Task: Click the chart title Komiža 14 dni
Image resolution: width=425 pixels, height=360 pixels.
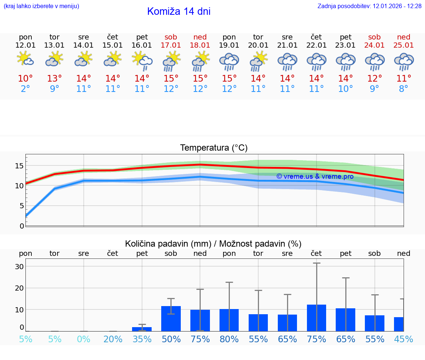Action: (179, 11)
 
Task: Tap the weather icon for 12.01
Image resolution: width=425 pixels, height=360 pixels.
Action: (25, 59)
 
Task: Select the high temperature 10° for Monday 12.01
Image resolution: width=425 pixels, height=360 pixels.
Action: (25, 79)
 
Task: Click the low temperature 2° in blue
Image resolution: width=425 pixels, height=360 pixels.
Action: (25, 89)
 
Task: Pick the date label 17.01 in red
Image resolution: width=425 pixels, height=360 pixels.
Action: (171, 45)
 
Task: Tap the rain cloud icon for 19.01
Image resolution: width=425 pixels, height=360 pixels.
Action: (229, 61)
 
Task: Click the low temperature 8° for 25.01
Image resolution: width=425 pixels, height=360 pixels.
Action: (404, 89)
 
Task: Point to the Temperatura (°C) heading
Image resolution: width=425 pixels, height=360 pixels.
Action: (214, 148)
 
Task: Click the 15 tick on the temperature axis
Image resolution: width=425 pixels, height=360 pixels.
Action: (19, 166)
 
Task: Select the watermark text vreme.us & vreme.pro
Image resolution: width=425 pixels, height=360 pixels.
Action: (315, 176)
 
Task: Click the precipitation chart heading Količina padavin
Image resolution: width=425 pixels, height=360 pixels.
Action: (213, 244)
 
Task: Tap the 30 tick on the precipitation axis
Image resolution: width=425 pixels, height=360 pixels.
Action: (19, 267)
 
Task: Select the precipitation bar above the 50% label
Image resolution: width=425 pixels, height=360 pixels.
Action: (171, 318)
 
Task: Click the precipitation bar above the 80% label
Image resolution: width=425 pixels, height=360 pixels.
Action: (229, 320)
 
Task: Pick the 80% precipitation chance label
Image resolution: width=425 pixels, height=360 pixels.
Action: (229, 339)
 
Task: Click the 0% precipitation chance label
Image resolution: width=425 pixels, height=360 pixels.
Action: (84, 339)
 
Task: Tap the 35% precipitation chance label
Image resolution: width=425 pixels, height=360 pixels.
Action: (142, 339)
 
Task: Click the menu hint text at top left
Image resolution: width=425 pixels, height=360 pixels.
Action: (41, 6)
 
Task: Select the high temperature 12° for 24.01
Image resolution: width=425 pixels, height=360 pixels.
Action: (374, 79)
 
